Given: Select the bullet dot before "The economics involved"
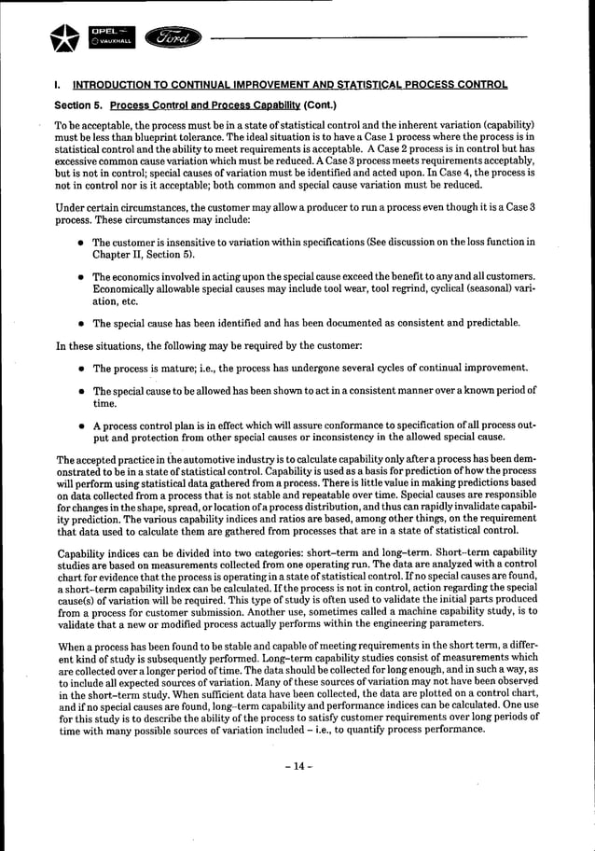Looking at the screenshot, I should coord(81,278).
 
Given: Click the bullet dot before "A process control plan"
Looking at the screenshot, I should coord(81,426).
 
